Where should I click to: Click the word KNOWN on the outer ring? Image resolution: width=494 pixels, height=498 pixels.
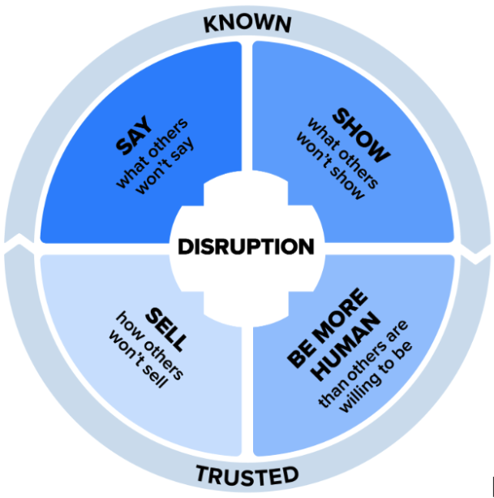247,22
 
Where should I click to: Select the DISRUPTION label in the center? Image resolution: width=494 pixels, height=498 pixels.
247,247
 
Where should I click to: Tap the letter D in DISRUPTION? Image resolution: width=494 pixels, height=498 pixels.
183,247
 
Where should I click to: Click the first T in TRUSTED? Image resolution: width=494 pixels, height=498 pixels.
201,473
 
